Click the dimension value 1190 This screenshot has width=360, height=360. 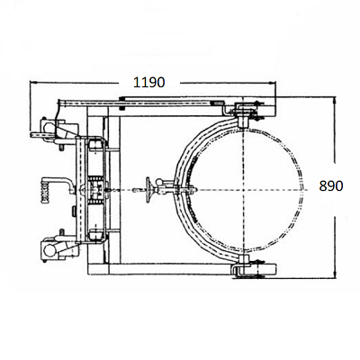click(x=149, y=82)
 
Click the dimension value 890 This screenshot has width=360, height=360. click(x=331, y=186)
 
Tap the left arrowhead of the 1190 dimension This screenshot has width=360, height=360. click(x=33, y=83)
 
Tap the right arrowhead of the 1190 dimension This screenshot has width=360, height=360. click(x=272, y=83)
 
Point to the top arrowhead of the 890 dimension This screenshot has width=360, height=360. click(x=335, y=101)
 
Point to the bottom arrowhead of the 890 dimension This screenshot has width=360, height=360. click(x=335, y=274)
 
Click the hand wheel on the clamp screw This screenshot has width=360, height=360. click(x=148, y=190)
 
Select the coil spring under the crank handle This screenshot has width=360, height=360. click(x=46, y=193)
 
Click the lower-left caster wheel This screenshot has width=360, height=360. click(x=48, y=250)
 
